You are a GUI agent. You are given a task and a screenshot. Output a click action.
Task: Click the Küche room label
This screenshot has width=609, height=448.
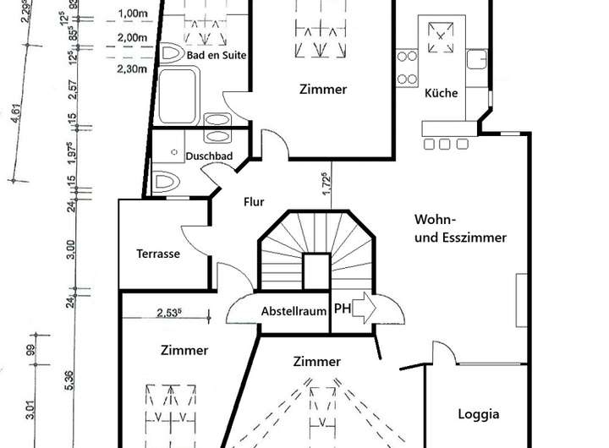click(442, 94)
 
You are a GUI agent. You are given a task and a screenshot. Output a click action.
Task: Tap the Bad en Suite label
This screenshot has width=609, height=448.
click(217, 55)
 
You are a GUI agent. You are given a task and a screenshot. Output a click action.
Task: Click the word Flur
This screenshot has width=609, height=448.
click(254, 202)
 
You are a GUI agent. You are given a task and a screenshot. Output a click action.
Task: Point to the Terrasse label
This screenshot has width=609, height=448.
click(158, 254)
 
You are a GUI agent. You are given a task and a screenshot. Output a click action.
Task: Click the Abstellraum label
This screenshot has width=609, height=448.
click(294, 310)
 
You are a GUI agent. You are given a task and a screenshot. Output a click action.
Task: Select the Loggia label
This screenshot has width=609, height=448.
click(479, 414)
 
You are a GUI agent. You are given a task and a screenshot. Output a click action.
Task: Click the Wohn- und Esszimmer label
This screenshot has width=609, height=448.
click(460, 228)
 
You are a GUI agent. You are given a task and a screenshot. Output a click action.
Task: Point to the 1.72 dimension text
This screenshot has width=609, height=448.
click(326, 184)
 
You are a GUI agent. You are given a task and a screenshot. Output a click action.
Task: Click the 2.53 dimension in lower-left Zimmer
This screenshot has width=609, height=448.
click(170, 312)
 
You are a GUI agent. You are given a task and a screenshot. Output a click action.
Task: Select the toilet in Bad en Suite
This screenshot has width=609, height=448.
click(173, 55)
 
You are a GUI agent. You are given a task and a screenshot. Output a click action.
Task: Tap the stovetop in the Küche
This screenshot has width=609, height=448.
click(441, 38)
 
